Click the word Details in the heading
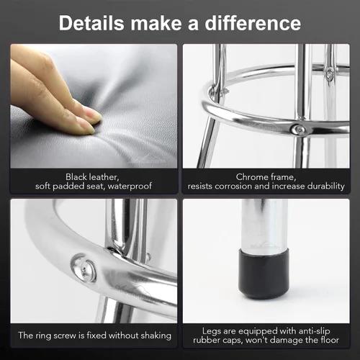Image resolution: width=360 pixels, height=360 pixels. click(91, 23)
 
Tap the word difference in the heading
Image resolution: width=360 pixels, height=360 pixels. click(253, 23)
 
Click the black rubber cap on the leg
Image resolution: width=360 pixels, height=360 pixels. click(264, 273)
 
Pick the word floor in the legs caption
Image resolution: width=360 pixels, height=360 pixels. click(330, 340)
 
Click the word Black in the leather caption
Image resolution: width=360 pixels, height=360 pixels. click(76, 177)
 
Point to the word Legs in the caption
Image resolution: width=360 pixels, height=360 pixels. click(211, 331)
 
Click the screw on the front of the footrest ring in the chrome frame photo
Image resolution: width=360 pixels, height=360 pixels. click(297, 130)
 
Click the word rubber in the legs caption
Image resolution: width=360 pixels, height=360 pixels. click(205, 341)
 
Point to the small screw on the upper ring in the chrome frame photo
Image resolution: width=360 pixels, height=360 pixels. click(329, 73)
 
